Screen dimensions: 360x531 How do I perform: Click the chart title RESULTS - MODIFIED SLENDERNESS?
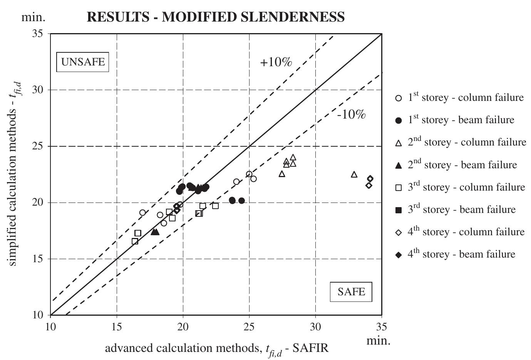(x=216, y=17)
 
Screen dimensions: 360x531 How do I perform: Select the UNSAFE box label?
(x=83, y=62)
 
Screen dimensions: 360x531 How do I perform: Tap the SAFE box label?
(x=351, y=291)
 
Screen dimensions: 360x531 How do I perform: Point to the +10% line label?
(x=276, y=62)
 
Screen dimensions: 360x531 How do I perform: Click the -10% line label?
(x=351, y=114)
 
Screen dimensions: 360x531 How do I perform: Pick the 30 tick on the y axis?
(x=40, y=90)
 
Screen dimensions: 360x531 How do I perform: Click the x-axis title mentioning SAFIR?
(x=217, y=349)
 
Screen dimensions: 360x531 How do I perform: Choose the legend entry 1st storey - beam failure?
(x=461, y=120)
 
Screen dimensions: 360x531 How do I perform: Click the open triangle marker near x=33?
(x=354, y=174)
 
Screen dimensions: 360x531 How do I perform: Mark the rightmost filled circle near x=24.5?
(x=241, y=201)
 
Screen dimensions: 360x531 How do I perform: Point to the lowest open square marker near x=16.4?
(x=135, y=241)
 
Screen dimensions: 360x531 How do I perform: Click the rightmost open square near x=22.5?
(x=215, y=206)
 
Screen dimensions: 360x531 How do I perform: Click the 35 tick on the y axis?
(x=40, y=33)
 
